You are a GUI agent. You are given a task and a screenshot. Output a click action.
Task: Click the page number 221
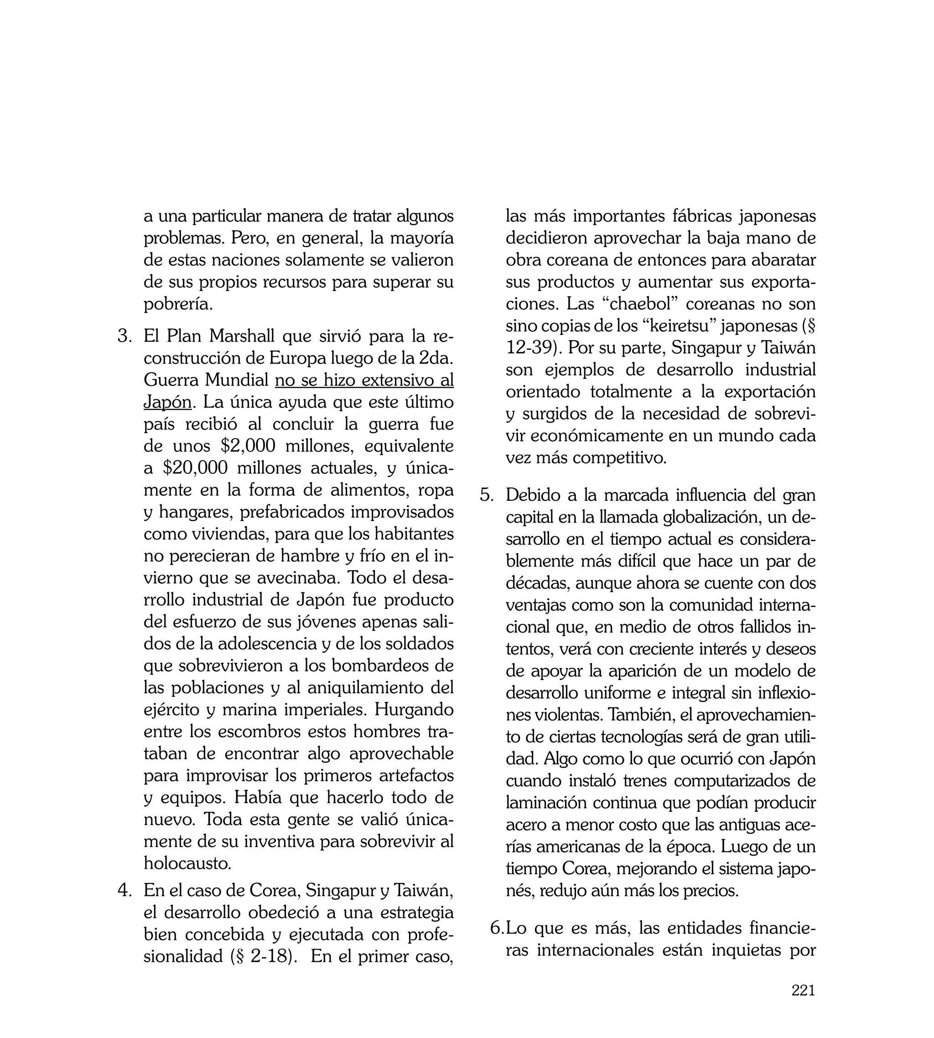click(x=803, y=1004)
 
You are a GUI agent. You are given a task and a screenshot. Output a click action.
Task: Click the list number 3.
click(x=125, y=337)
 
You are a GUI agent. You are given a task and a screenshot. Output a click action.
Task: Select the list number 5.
click(x=487, y=495)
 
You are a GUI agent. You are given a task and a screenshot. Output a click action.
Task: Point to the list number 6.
click(x=497, y=928)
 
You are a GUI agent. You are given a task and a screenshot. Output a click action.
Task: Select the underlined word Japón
click(x=167, y=402)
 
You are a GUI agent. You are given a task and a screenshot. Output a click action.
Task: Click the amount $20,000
click(x=196, y=468)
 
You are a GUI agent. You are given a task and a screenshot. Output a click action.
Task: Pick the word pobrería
click(x=177, y=304)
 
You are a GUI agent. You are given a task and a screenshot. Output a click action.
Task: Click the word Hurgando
click(x=414, y=710)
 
